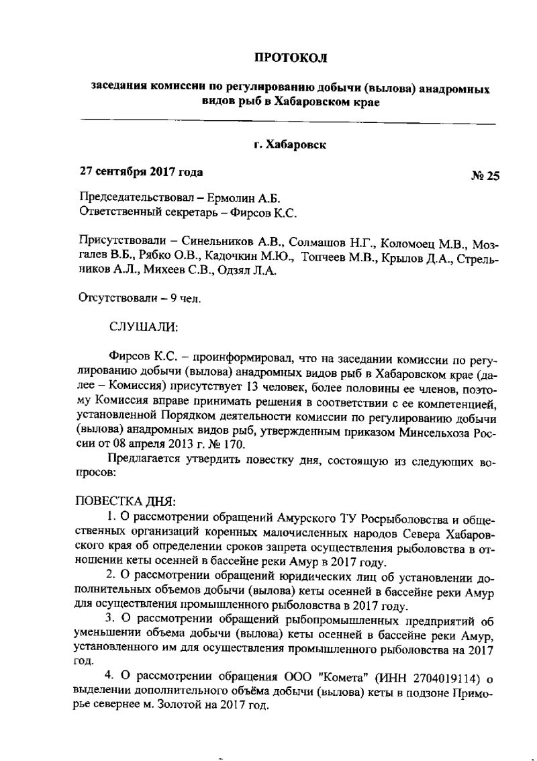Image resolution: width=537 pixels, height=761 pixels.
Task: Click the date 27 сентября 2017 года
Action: pos(141,172)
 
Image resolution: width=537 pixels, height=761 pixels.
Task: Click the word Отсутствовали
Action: pos(118,299)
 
